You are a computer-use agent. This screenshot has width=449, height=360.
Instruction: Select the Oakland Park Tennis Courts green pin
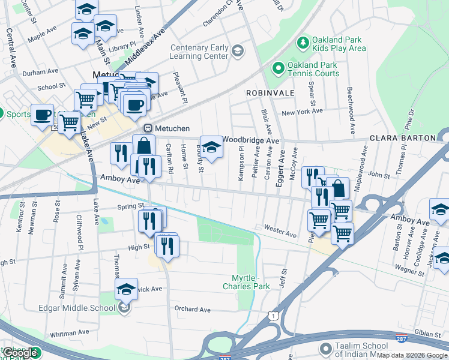click(x=278, y=68)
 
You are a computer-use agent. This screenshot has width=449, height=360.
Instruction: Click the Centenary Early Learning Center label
click(x=199, y=52)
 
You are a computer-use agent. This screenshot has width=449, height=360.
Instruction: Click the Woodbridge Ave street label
click(x=251, y=140)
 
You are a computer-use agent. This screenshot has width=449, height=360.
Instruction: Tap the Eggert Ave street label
click(x=280, y=170)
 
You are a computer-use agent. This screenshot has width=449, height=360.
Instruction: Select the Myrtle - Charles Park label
click(x=253, y=282)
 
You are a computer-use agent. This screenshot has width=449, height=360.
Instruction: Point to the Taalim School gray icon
click(x=326, y=349)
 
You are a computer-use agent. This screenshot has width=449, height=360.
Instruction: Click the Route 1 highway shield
click(x=274, y=316)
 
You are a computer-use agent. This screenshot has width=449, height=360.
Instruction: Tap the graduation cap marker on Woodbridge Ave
click(x=211, y=146)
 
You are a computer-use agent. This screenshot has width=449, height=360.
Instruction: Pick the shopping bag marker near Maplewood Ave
click(x=338, y=188)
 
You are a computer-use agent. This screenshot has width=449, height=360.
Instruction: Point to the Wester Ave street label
click(x=280, y=230)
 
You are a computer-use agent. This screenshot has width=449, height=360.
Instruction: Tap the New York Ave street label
click(x=302, y=112)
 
